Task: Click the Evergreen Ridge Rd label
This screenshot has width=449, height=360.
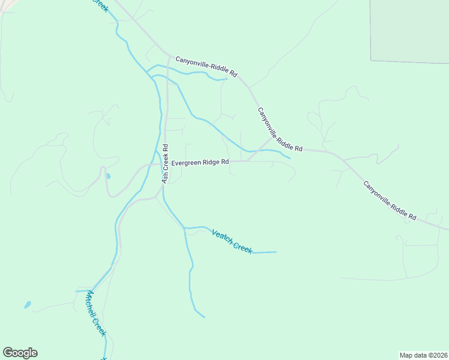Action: [200, 163]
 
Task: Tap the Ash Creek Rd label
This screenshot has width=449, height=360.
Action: [164, 163]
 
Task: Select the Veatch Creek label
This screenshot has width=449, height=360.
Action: [232, 241]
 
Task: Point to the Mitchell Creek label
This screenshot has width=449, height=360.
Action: [97, 313]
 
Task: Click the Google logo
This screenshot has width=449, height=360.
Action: [20, 353]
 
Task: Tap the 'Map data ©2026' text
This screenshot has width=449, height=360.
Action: [423, 355]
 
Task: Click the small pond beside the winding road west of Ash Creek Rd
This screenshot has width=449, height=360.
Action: [108, 176]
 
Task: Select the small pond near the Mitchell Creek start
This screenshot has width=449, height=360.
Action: [28, 305]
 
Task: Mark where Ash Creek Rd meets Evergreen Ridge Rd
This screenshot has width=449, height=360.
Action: [167, 162]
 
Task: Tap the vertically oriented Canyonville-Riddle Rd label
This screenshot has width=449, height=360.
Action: [280, 130]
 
